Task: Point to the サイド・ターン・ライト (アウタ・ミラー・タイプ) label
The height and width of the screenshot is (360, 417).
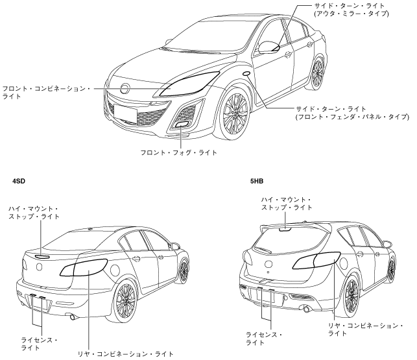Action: [x=349, y=10]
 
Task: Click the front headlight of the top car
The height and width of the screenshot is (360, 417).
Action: [x=190, y=84]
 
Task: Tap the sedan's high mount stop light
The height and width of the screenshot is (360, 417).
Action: [x=42, y=256]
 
